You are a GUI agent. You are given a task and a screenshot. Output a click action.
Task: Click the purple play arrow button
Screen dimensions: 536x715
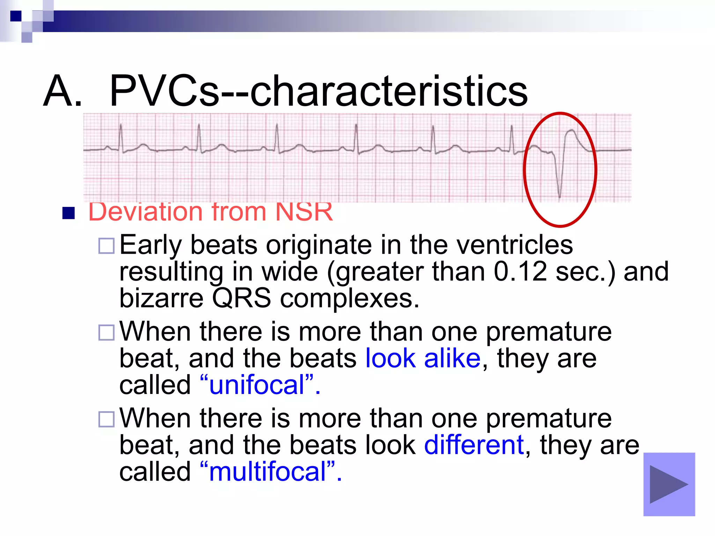coord(669,484)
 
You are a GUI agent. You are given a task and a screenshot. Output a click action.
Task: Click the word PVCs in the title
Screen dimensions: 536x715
coord(164,91)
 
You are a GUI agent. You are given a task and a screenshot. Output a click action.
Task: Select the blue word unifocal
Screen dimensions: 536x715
coord(257,385)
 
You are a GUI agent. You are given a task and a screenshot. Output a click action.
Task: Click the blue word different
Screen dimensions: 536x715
coord(474,445)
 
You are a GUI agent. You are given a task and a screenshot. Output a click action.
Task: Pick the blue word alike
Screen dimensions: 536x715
coord(452,358)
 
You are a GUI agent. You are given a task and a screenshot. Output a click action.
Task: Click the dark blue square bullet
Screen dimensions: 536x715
coord(68,213)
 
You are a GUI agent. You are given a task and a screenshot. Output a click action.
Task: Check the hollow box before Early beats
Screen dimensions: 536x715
coord(106,246)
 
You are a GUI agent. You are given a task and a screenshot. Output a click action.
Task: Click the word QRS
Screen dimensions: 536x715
coord(241,298)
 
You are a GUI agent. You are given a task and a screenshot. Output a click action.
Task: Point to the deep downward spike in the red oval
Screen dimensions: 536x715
coord(560,188)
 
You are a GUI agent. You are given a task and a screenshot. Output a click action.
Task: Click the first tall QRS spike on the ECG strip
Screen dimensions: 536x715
coord(121,134)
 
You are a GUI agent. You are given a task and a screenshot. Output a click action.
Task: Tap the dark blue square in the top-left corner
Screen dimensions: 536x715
coord(16,16)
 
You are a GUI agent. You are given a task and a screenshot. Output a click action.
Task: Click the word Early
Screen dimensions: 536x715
coord(150,246)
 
